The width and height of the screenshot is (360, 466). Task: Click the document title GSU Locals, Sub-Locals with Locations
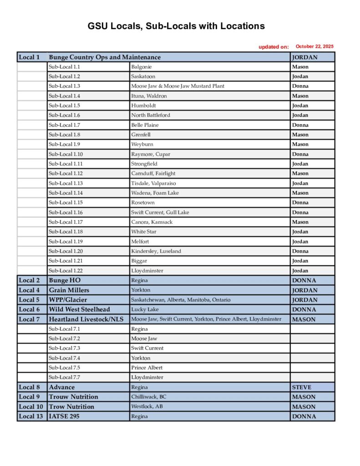point(176,26)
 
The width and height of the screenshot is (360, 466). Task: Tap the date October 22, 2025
point(314,46)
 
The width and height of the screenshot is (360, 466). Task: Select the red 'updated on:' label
point(274,47)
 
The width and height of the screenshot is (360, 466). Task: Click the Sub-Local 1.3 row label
point(64,86)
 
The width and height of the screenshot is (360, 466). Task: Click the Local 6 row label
point(29,309)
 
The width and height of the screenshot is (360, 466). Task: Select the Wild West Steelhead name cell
point(79,309)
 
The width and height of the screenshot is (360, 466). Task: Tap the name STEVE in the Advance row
point(302,387)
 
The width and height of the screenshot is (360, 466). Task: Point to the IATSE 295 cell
point(64,416)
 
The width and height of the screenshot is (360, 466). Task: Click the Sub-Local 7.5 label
point(64,368)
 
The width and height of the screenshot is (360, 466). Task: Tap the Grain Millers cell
point(69,290)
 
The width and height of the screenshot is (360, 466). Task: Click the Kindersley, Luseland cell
point(156,251)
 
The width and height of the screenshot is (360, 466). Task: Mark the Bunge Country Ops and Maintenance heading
point(104,57)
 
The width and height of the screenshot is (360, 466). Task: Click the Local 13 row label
point(31,416)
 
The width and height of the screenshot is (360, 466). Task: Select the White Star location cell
point(144,232)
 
